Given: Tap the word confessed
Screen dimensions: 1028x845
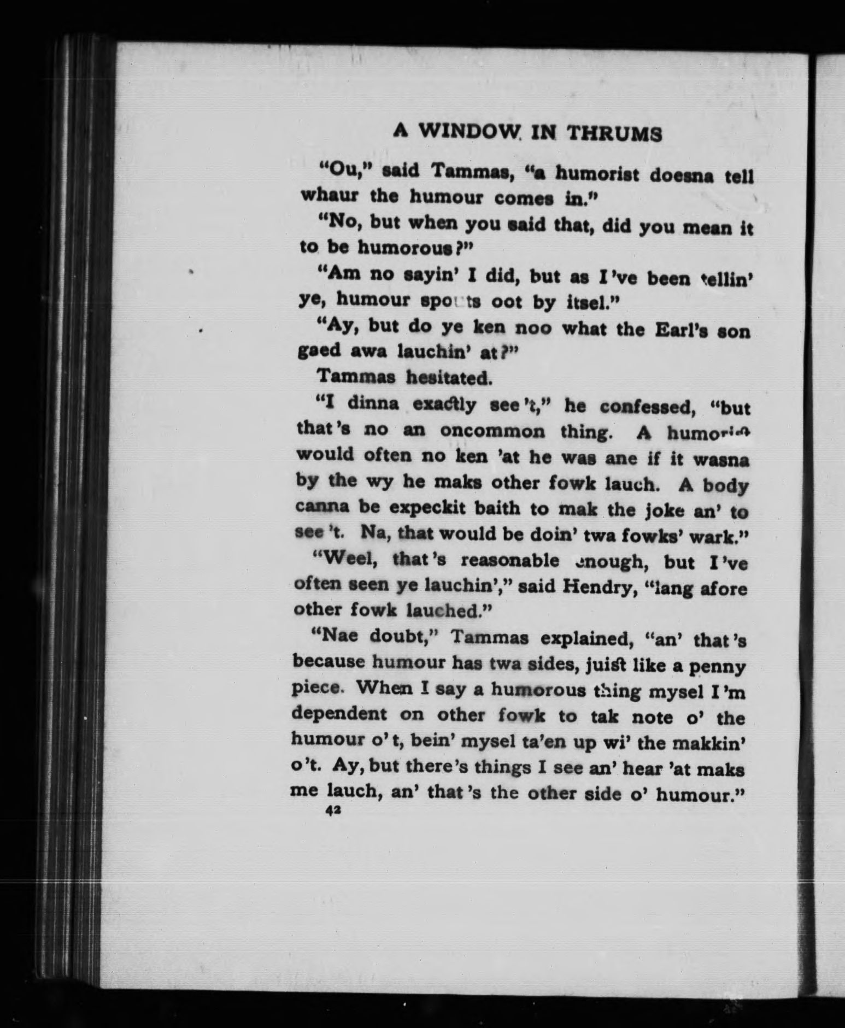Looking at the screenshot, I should (647, 407).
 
